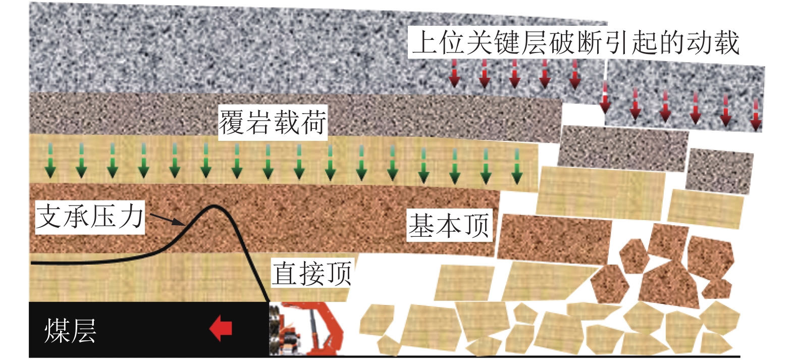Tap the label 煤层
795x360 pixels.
(x=70, y=331)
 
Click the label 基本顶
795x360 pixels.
(x=449, y=226)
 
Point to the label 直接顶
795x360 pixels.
(x=311, y=273)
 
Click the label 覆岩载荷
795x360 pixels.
(x=273, y=122)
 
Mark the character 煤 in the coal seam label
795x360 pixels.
(x=57, y=331)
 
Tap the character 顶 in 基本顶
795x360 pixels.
(x=476, y=226)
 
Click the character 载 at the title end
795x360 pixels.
(x=726, y=42)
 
